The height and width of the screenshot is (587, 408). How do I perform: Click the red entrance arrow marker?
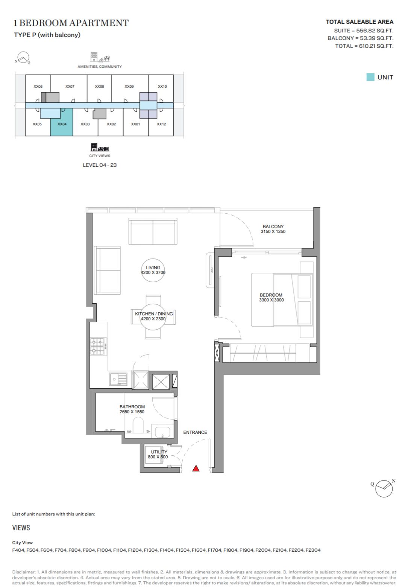tap(196, 468)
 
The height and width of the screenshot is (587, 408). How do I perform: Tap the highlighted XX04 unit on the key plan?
tap(62, 122)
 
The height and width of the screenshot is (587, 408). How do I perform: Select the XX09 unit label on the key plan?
tap(129, 87)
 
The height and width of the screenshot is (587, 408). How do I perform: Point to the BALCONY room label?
tap(273, 227)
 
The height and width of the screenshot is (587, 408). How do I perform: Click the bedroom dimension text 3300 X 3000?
tap(271, 300)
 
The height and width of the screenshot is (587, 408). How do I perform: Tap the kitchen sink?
tap(118, 379)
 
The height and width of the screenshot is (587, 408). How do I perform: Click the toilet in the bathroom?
tap(138, 425)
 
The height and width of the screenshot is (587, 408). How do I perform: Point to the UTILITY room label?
tap(159, 452)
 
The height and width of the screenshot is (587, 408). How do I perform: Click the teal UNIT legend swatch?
tap(370, 77)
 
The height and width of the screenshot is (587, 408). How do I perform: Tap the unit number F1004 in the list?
tap(104, 550)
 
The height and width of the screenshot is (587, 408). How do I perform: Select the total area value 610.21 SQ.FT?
tap(376, 46)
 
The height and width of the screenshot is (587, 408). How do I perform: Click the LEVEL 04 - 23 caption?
tap(100, 165)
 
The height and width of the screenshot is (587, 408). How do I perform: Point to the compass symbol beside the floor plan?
tap(384, 488)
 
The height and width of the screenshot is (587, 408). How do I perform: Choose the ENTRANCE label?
tap(195, 432)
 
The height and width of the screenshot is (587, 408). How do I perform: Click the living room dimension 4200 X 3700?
tap(153, 272)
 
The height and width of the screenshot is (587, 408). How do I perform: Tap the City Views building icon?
tap(100, 147)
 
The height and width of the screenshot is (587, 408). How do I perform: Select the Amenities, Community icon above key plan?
tap(100, 57)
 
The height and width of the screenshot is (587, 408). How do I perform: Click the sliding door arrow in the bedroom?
tap(244, 257)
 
